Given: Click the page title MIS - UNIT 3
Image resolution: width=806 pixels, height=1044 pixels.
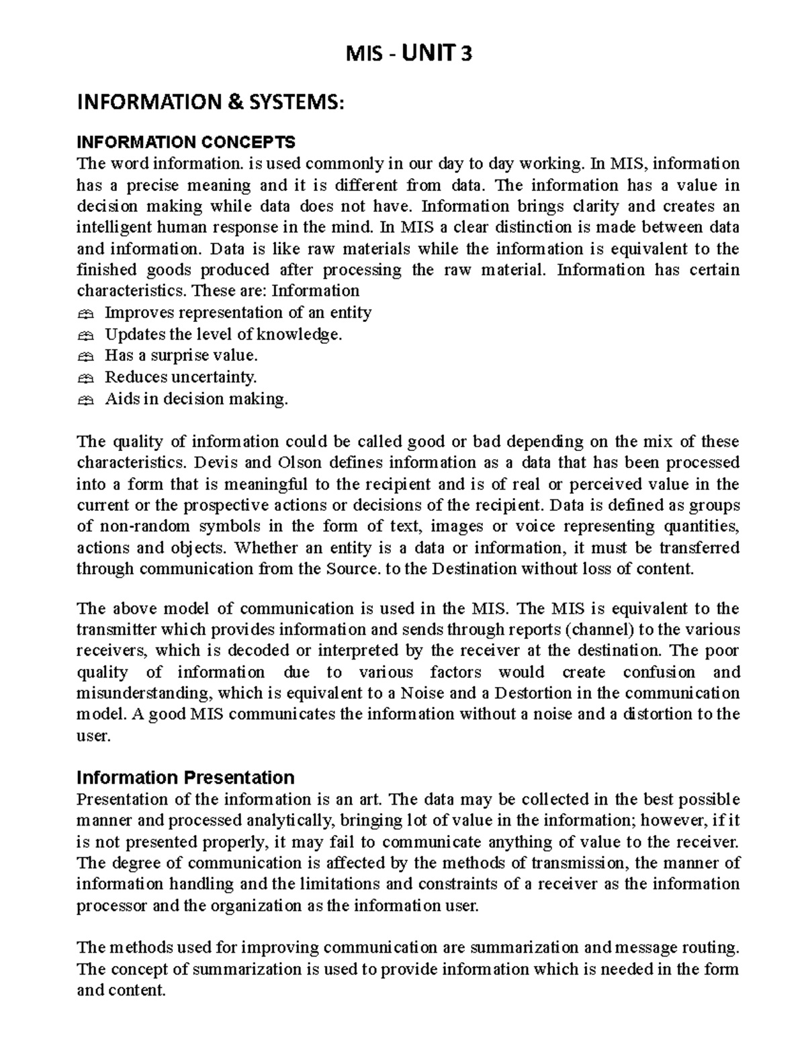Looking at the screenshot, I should tap(408, 53).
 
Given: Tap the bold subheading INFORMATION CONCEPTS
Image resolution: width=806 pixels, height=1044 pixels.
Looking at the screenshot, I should tap(185, 143).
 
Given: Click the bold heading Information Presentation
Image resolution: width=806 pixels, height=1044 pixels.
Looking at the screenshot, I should tap(185, 778).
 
